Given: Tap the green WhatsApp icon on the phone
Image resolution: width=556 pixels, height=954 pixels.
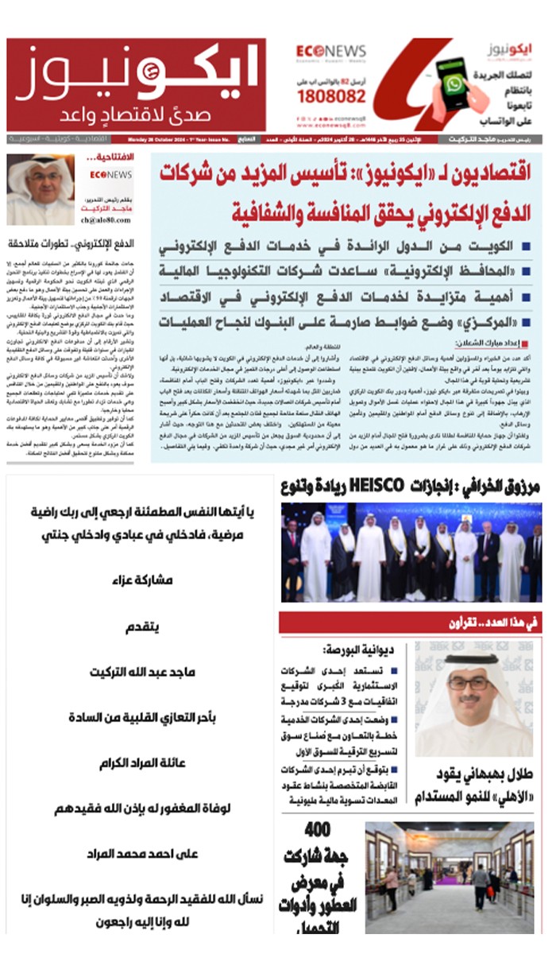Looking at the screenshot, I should tap(454, 85).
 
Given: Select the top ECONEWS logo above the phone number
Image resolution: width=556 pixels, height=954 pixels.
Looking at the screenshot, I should tap(332, 50).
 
